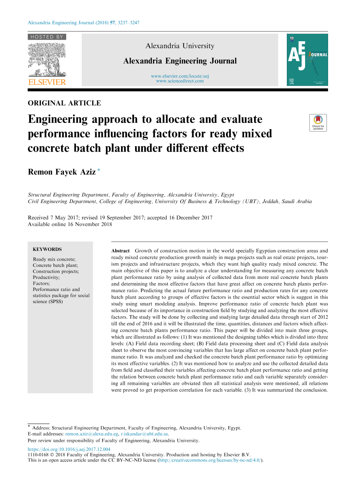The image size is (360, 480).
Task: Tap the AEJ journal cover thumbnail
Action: pyautogui.click(x=307, y=60)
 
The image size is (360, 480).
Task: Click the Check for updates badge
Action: pyautogui.click(x=318, y=123)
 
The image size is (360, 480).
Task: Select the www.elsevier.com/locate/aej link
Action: pyautogui.click(x=180, y=76)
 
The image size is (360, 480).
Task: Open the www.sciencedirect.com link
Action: pyautogui.click(x=180, y=81)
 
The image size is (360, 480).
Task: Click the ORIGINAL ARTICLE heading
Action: pyautogui.click(x=64, y=103)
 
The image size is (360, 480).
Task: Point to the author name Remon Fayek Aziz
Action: pyautogui.click(x=61, y=172)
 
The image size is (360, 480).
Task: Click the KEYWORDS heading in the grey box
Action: pyautogui.click(x=47, y=249)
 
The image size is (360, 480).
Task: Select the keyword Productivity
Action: pyautogui.click(x=46, y=277)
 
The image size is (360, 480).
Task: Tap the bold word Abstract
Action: pyautogui.click(x=120, y=251)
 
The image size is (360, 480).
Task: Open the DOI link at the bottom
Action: pyautogui.click(x=69, y=449)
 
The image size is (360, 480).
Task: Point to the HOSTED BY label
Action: pyautogui.click(x=47, y=37)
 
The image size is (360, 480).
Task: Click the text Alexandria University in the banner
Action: pyautogui.click(x=180, y=46)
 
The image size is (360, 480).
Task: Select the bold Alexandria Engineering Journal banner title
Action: pyautogui.click(x=180, y=61)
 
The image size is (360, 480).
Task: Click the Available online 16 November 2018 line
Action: pyautogui.click(x=70, y=224)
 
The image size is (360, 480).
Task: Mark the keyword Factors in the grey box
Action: pyautogui.click(x=41, y=284)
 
